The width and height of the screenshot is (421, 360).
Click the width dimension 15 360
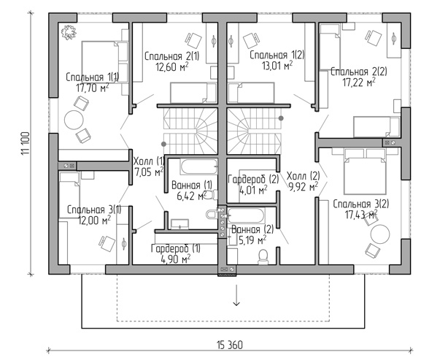229,345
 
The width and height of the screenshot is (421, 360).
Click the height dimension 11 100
25,143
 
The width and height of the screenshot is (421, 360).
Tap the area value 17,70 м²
93,88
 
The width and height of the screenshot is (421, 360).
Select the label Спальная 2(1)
172,56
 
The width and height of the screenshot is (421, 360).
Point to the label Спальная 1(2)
277,55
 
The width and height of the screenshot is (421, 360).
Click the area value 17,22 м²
359,83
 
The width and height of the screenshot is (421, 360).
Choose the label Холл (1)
149,161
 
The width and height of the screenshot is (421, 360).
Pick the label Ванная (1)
192,185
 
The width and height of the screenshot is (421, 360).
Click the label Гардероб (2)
253,179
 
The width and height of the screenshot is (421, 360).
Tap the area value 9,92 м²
303,186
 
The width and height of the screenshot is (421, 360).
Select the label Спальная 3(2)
361,204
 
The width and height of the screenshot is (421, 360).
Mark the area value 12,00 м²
94,221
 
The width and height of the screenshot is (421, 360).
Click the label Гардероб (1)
176,248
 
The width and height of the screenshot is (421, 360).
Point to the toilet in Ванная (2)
263,256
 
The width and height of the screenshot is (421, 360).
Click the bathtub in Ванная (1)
199,166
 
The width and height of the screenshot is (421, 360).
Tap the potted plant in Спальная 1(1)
69,33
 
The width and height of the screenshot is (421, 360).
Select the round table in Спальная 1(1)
73,120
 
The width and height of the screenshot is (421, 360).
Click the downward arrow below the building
236,295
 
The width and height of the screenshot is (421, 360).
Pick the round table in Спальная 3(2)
380,234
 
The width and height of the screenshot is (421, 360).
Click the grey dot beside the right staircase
281,118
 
